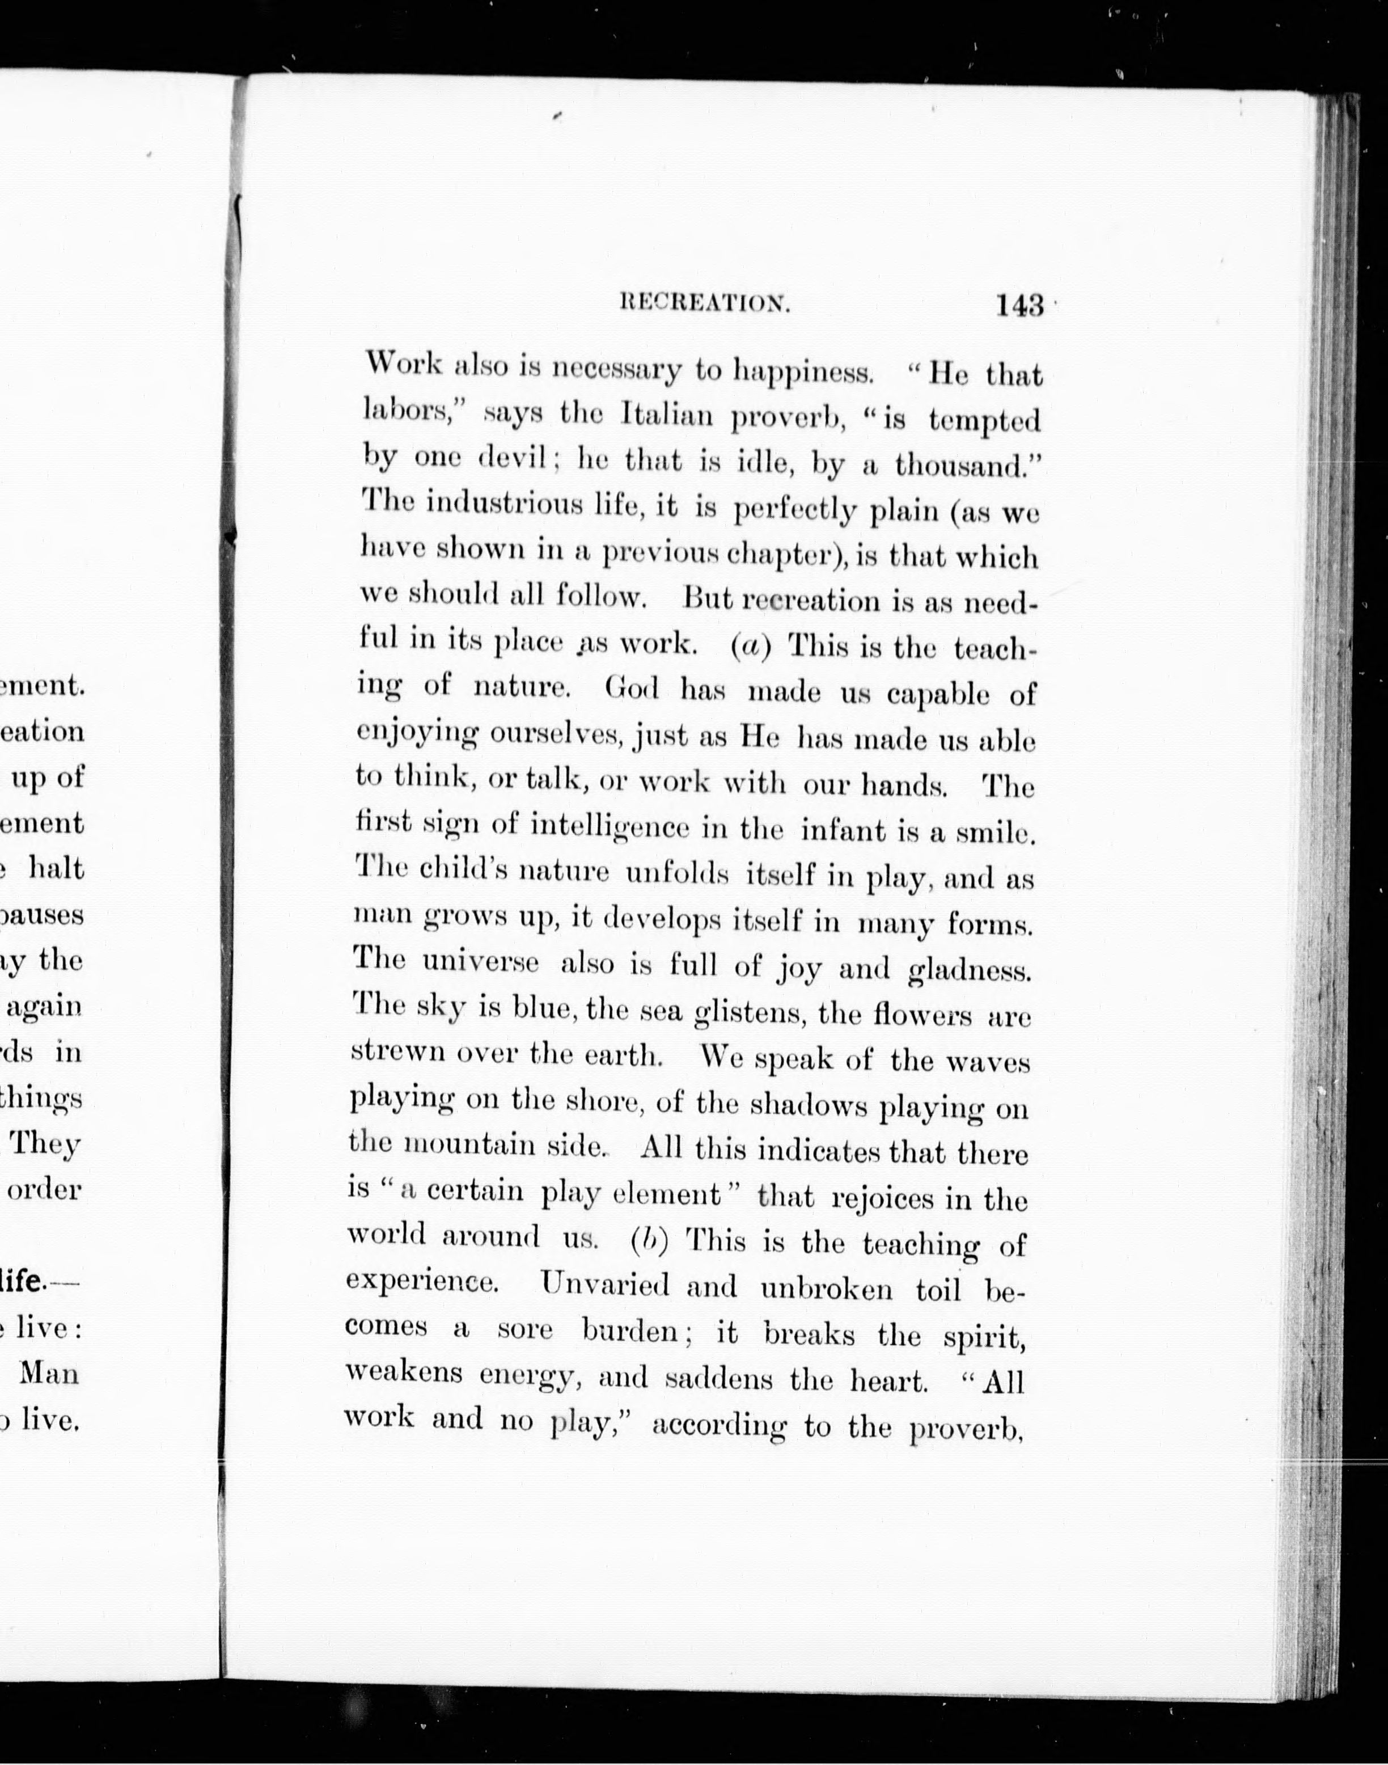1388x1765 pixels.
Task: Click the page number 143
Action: [1019, 305]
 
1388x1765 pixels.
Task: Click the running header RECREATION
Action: [705, 303]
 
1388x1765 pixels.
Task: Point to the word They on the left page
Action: [45, 1143]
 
